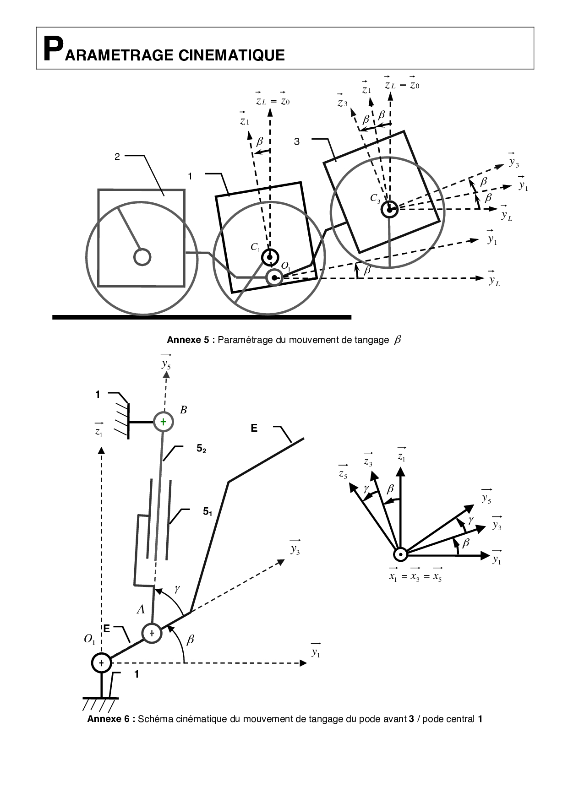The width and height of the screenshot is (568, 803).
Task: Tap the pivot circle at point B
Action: (x=163, y=421)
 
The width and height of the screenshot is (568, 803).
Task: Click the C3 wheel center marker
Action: (x=389, y=210)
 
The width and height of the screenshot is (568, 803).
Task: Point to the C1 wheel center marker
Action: (x=270, y=257)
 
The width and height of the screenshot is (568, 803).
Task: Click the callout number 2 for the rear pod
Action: (x=117, y=157)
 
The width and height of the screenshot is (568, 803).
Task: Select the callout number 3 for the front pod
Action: (x=297, y=141)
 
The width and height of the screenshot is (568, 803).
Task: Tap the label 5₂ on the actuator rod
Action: (x=201, y=449)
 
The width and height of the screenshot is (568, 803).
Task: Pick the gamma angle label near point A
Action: (x=176, y=589)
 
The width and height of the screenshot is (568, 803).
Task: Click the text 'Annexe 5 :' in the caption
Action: (x=190, y=340)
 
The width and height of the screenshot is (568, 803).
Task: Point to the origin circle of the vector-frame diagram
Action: (x=401, y=555)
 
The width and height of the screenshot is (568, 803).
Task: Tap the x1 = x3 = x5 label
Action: (x=415, y=576)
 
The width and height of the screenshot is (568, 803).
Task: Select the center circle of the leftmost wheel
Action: (x=142, y=257)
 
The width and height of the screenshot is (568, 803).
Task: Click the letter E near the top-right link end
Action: (x=254, y=428)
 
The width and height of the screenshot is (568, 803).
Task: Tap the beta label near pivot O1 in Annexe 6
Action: (x=191, y=640)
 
